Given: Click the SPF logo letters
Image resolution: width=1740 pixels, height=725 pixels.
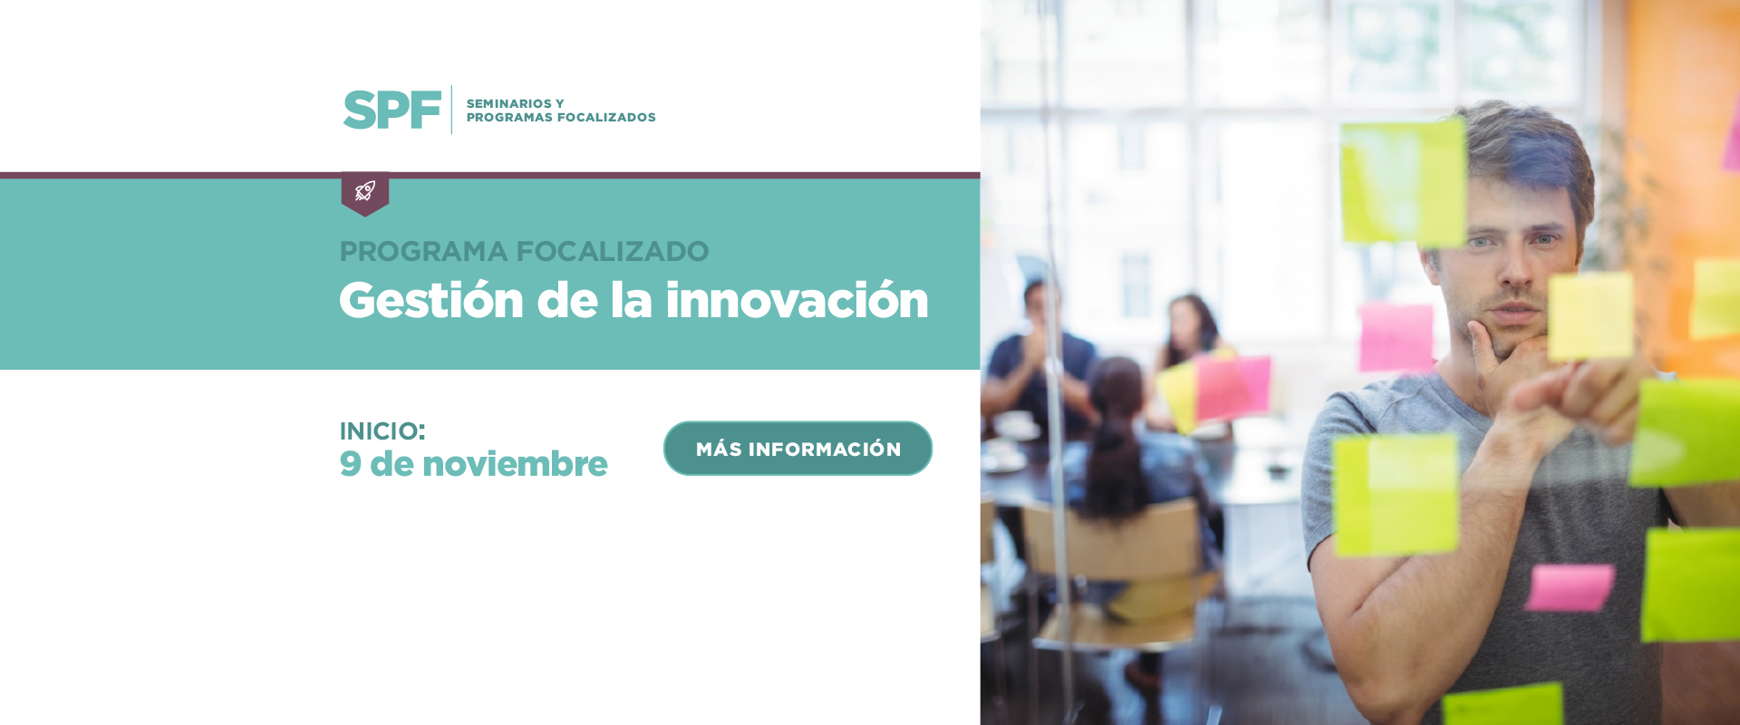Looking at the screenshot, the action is tap(391, 110).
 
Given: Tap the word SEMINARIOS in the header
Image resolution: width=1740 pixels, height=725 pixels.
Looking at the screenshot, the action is tap(508, 103).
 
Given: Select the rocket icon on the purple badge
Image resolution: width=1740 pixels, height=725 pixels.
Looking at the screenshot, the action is tap(365, 190).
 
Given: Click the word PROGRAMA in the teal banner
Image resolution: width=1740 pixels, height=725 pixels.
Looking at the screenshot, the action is tap(423, 251).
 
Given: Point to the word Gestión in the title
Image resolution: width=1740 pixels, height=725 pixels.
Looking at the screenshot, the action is tap(431, 300).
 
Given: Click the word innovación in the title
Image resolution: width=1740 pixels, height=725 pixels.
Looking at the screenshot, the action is tap(797, 300).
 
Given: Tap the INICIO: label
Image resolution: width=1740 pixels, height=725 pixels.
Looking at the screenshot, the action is tap(382, 431).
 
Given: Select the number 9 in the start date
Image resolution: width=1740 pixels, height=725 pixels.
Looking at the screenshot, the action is tap(351, 464).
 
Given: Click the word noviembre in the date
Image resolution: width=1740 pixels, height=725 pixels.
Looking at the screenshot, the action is tap(515, 464).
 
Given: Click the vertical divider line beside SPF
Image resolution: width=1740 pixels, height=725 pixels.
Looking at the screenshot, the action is tap(451, 110).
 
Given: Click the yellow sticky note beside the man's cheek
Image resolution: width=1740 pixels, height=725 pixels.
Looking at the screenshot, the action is tap(1590, 316).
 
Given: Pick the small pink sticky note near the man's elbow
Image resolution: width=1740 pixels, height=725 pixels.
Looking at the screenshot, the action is tap(1570, 587).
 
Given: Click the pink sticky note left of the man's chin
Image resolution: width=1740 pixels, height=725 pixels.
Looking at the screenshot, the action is tap(1397, 337).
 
